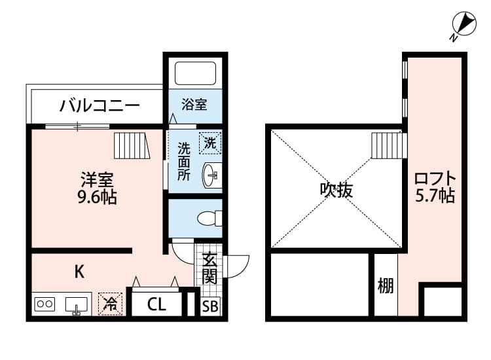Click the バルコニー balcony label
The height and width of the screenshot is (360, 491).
coord(100,105)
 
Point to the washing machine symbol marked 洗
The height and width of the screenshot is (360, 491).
coord(210,141)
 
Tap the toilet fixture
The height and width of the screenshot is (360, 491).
coord(209,217)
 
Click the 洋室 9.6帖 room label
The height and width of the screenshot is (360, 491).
coord(99,187)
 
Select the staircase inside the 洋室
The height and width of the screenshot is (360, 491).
coord(132,145)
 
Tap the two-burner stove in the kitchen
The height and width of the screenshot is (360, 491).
coord(45,304)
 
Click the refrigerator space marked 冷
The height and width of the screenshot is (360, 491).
coord(111,304)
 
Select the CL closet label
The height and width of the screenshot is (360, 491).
coord(156,304)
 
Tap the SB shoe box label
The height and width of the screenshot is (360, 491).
coord(210,306)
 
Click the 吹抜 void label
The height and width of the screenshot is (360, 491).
coord(336,189)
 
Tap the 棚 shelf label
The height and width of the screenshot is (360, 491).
coord(386,286)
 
